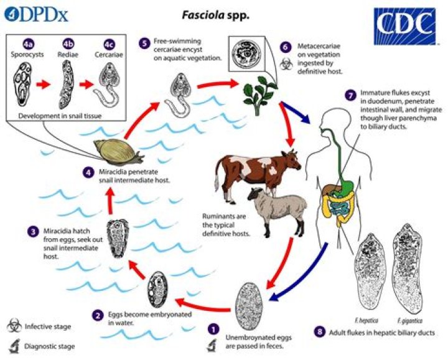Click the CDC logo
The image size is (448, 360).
pos(405,26)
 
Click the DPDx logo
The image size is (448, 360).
pos(36,15)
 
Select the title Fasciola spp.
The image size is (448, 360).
pos(216,15)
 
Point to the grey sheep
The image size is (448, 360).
pos(277,210)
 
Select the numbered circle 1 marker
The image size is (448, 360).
pos(213,330)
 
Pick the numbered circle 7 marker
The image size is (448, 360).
pos(350,95)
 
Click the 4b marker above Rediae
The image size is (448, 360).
pos(68,44)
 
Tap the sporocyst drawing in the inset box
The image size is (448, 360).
pos(22,85)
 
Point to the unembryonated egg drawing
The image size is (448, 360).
pos(249,303)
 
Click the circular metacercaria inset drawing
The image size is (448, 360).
pos(245,53)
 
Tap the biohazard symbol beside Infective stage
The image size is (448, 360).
pos(14,326)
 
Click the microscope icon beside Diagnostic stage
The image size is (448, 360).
pos(14,346)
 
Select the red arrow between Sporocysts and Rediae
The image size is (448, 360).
pos(43,85)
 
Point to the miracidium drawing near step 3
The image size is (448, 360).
pos(118,238)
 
